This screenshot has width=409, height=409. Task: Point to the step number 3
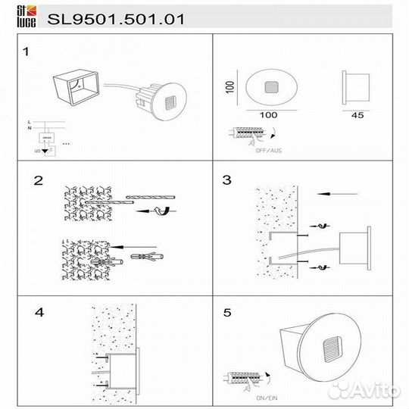226,181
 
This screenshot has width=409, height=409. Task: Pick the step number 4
40,311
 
